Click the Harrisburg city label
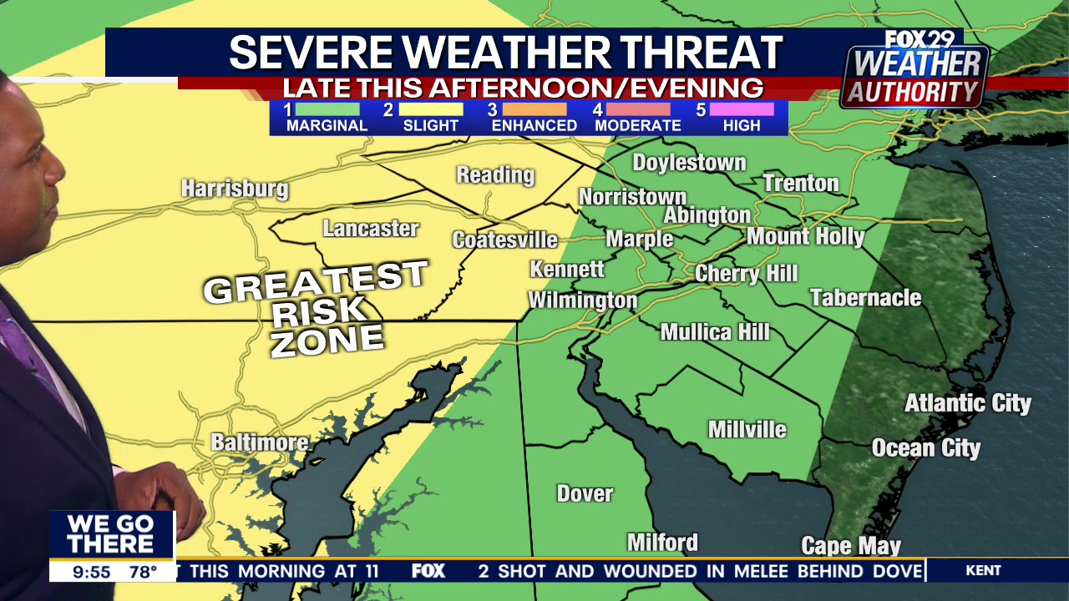tap(235, 189)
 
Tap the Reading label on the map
tap(495, 175)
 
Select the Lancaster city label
tap(371, 228)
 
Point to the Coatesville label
tap(504, 240)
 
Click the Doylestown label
tap(689, 163)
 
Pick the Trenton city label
tap(800, 183)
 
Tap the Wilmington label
tap(582, 300)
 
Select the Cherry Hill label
tap(746, 274)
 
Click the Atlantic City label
tap(968, 404)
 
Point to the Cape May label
tap(851, 546)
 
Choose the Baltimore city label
tap(259, 442)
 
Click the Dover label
tap(585, 493)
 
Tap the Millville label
tap(747, 429)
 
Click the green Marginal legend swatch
tap(327, 109)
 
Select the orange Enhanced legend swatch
tap(534, 109)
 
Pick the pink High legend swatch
tap(741, 109)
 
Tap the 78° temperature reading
tap(143, 572)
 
